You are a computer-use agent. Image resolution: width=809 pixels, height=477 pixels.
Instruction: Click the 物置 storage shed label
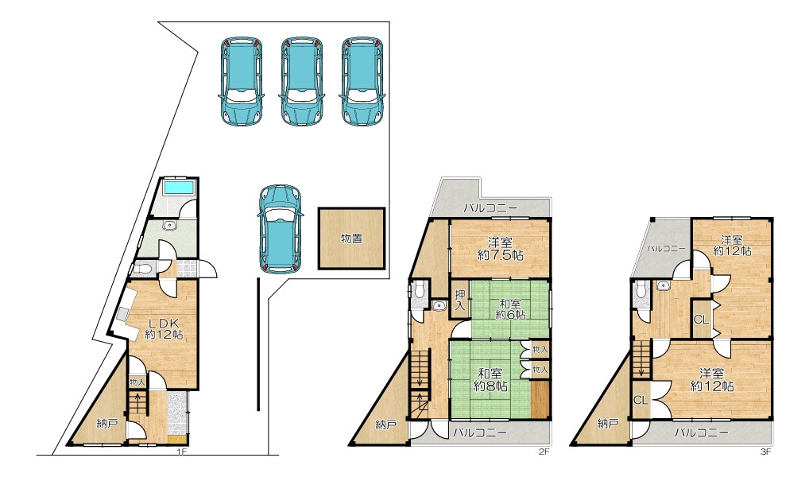[351, 238]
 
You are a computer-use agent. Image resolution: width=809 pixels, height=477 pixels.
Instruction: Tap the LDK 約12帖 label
[164, 328]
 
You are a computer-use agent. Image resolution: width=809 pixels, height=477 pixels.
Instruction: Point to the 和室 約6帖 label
[510, 308]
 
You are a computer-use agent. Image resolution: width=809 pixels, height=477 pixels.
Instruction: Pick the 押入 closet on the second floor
[459, 300]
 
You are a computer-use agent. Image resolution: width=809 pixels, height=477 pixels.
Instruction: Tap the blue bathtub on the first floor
[179, 187]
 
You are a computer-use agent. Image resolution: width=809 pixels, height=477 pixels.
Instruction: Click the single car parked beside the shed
[281, 229]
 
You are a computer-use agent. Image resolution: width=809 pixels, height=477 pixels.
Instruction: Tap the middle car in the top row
[302, 81]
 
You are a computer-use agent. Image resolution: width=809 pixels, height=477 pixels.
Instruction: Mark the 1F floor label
[181, 452]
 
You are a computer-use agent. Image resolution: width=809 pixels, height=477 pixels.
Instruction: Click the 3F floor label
[765, 452]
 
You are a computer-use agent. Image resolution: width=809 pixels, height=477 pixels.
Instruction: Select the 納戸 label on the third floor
[608, 424]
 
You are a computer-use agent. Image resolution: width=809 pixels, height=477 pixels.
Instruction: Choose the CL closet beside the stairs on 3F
[641, 400]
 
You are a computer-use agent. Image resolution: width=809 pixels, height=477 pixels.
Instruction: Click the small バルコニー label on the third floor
[667, 248]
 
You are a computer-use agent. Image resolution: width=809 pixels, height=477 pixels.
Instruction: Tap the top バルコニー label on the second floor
[490, 208]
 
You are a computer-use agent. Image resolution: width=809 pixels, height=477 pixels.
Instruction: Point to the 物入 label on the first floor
[137, 382]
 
